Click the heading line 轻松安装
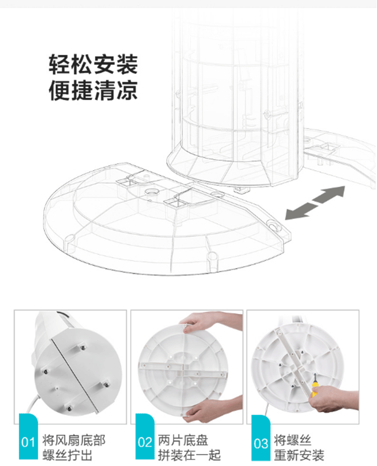pyautogui.click(x=93, y=64)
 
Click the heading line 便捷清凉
pyautogui.click(x=93, y=90)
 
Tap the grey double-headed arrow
pyautogui.click(x=315, y=203)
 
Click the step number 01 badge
pyautogui.click(x=28, y=436)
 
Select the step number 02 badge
pyautogui.click(x=145, y=436)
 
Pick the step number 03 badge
pyautogui.click(x=261, y=437)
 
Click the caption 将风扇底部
pyautogui.click(x=74, y=440)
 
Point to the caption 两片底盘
pyautogui.click(x=183, y=440)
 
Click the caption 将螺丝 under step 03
pyautogui.click(x=293, y=440)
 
